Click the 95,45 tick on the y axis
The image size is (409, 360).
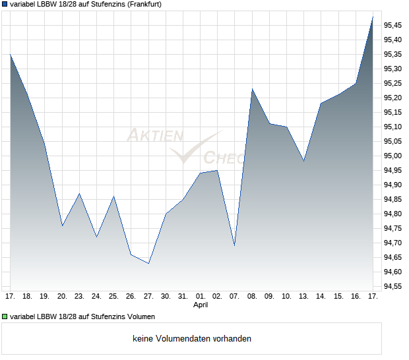393,25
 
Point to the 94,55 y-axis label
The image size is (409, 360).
393,286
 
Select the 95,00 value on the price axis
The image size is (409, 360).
393,156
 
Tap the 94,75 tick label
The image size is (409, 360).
393,228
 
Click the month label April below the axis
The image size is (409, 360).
201,305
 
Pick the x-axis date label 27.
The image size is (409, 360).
148,297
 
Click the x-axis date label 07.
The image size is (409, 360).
234,297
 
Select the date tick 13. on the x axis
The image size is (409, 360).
303,297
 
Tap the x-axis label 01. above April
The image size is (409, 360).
201,297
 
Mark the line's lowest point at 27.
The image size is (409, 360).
148,264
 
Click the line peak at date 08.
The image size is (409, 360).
252,88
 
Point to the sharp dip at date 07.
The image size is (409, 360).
234,246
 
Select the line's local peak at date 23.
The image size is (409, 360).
80,193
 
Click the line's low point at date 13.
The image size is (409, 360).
303,161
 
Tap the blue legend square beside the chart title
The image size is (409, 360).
5,4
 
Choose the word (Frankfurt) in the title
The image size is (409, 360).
142,4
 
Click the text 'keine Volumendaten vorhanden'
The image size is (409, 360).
192,338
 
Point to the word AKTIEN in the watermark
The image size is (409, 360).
154,136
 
